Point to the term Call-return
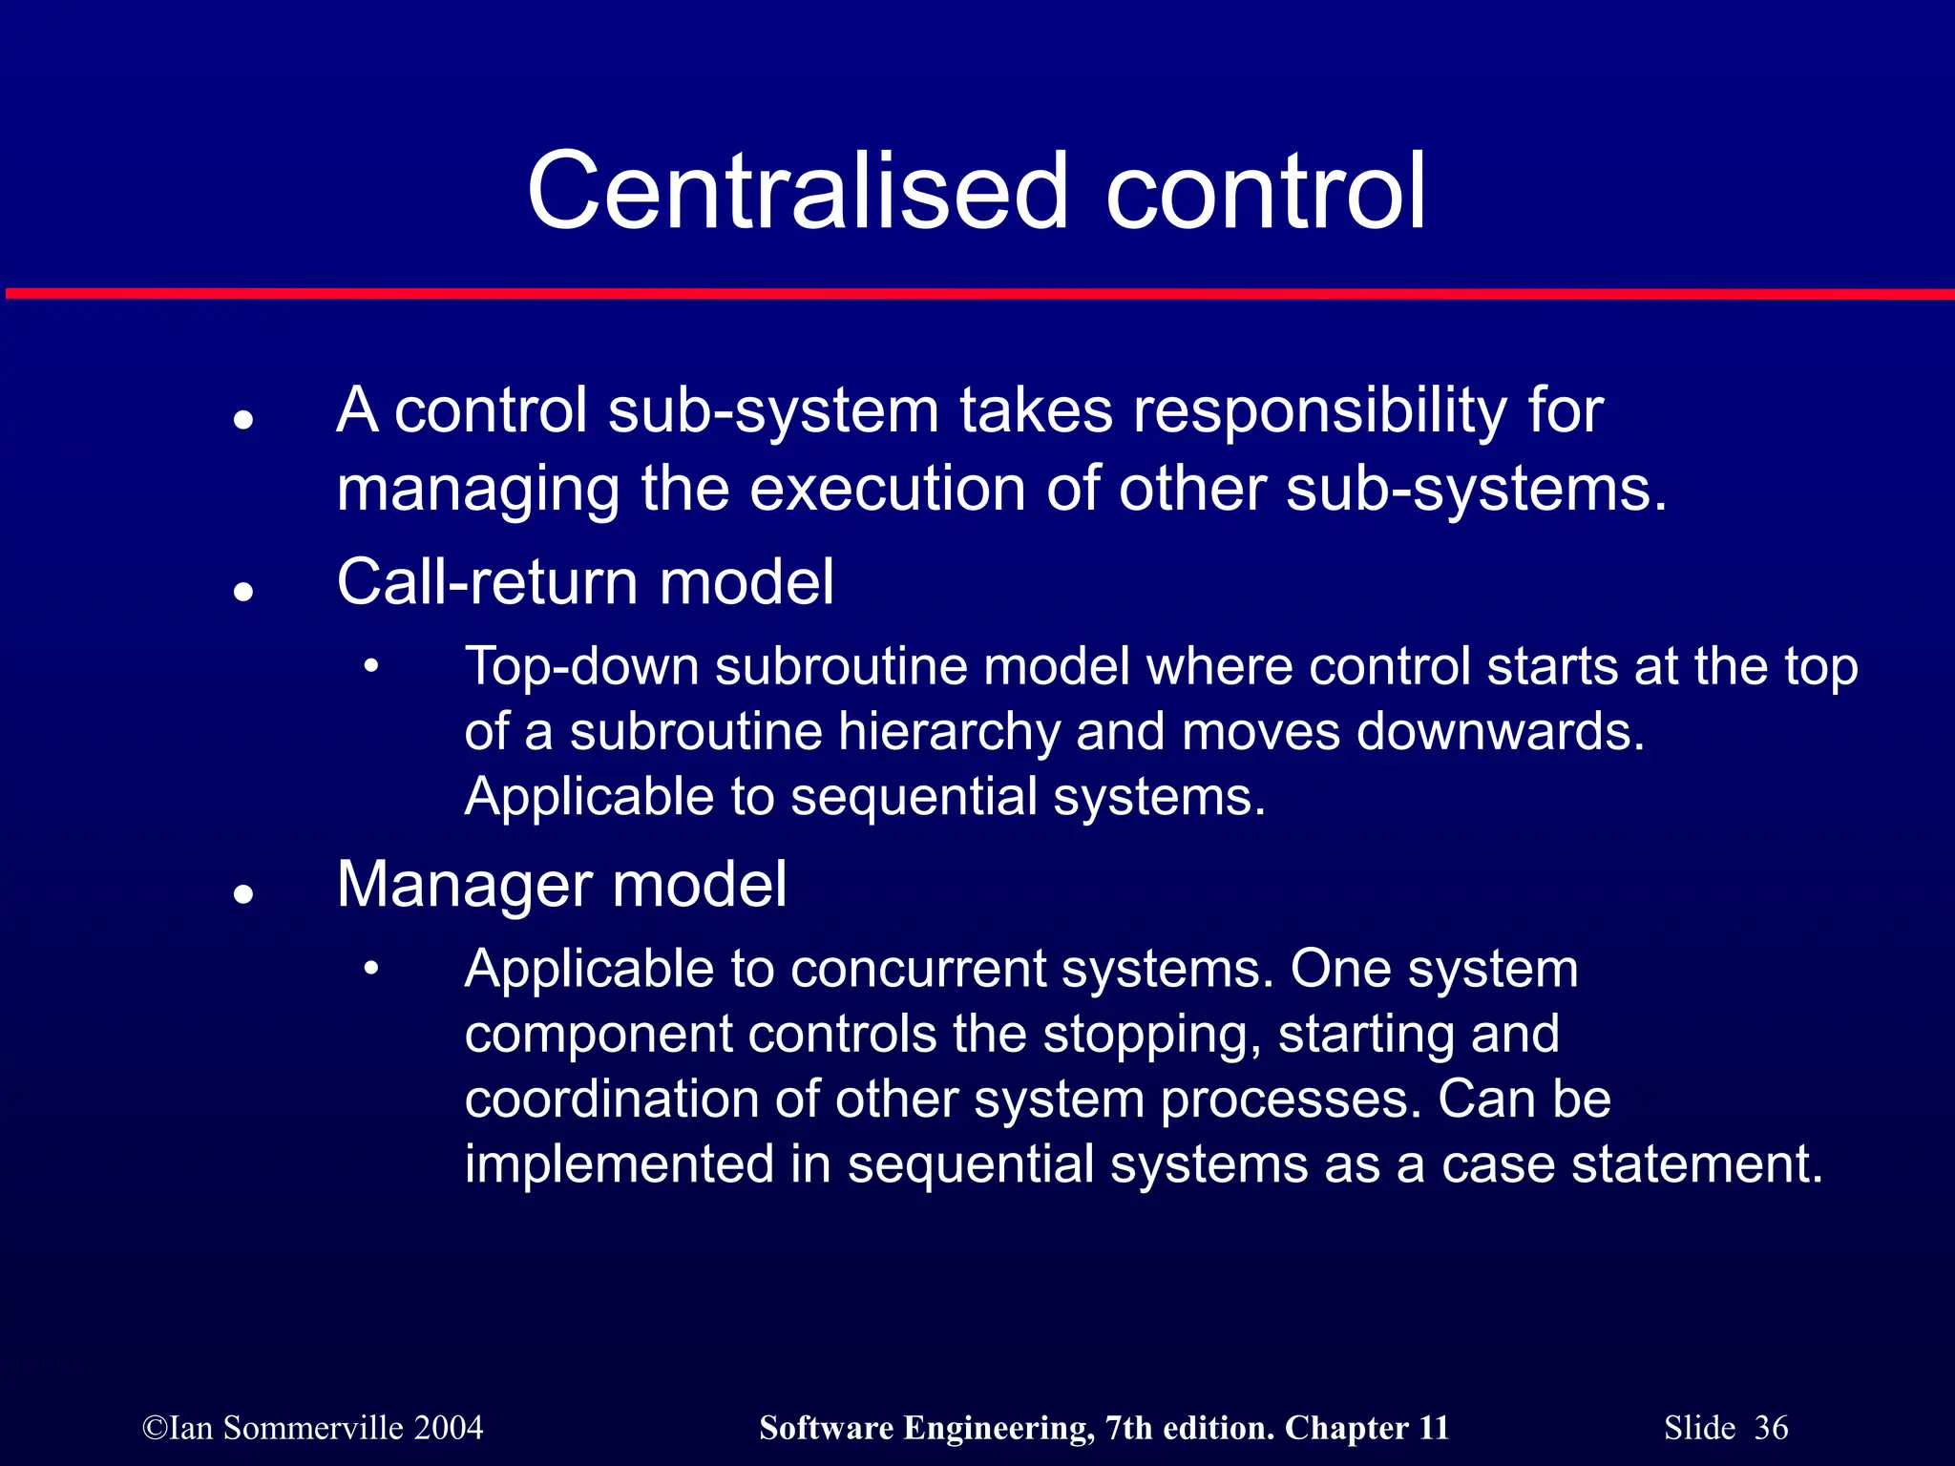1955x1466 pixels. click(487, 582)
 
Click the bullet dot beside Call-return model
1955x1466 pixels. click(244, 592)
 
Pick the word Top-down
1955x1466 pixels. click(581, 666)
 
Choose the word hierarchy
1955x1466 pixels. click(949, 733)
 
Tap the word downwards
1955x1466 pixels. click(1501, 731)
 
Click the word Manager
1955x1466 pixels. click(465, 886)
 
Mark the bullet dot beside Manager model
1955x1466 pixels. click(244, 894)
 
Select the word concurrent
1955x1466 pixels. click(918, 969)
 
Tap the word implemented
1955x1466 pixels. click(619, 1165)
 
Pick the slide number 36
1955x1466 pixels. click(1771, 1428)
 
